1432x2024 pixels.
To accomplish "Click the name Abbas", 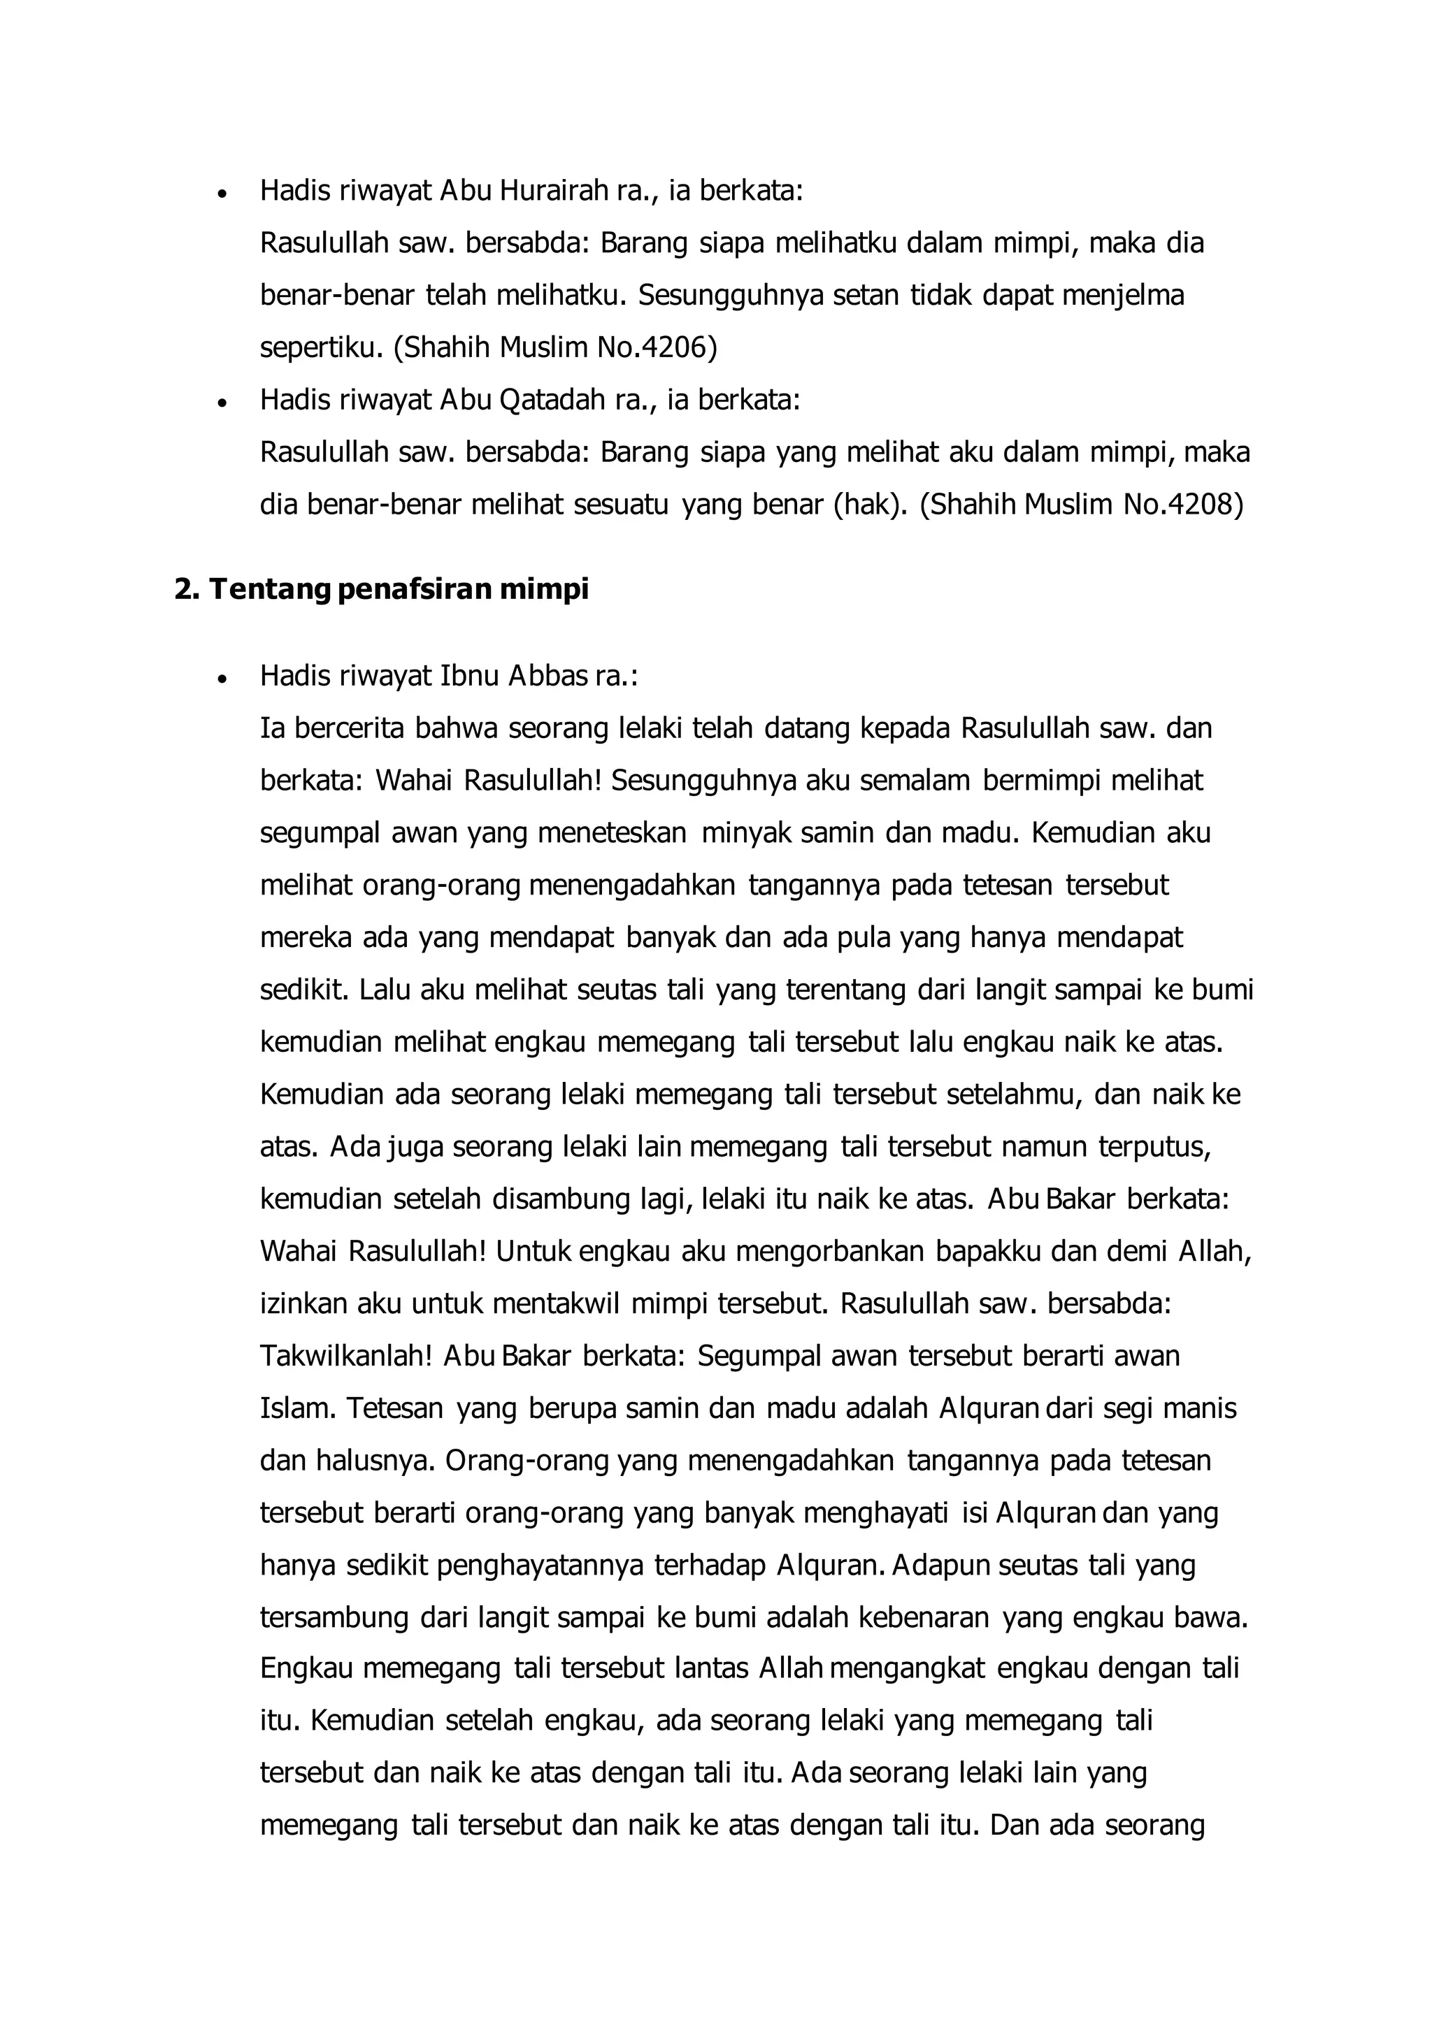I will point(545,676).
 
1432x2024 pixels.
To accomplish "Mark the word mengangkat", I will point(908,1670).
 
